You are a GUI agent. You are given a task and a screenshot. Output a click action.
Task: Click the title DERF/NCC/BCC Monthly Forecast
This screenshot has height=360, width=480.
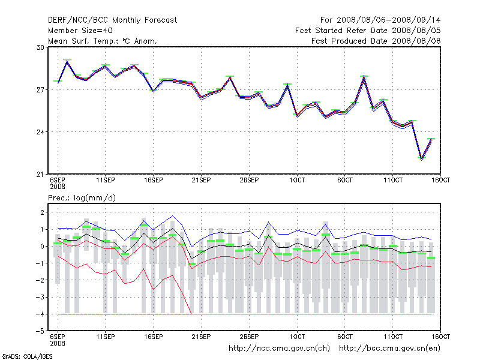112,20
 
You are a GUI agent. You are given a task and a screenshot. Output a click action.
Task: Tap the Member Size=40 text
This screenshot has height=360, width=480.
80,31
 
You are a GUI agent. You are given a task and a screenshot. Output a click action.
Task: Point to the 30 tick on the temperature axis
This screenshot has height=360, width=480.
41,47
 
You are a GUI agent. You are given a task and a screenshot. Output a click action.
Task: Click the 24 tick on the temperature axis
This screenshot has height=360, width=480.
41,132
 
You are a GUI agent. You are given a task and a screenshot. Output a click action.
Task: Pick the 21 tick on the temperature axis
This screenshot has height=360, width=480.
41,175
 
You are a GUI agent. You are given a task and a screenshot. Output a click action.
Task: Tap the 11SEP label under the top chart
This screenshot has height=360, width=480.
106,180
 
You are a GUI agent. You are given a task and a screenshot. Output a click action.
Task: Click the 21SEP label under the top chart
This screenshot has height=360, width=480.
201,180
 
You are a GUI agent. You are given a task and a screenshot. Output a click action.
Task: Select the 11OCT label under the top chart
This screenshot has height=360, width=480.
392,180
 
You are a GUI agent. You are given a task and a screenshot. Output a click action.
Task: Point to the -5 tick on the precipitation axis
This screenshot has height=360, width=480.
40,331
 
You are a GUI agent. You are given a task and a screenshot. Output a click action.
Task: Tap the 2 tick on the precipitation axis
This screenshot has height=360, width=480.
43,212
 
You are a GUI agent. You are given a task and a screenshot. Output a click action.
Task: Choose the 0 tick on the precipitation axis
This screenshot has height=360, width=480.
43,247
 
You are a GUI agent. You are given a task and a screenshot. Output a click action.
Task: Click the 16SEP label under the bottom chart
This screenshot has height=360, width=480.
153,337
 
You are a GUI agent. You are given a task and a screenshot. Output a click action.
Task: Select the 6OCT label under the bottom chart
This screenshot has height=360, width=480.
344,337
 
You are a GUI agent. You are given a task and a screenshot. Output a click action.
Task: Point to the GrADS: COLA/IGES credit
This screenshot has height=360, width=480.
19,356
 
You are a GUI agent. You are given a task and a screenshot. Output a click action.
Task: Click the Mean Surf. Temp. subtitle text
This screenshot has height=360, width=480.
102,41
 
